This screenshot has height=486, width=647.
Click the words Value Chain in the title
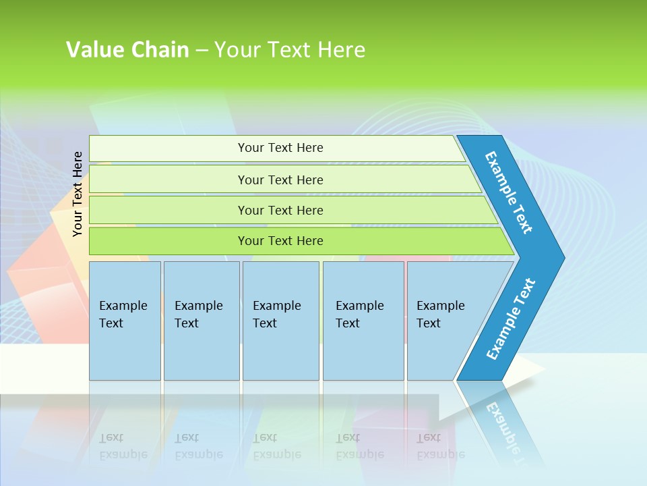point(127,50)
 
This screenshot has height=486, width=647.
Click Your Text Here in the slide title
point(290,50)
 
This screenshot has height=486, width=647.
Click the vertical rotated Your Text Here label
point(78,194)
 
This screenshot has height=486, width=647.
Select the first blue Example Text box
point(125,321)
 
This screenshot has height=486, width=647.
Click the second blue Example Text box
point(201,321)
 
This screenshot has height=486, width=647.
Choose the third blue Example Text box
point(280,321)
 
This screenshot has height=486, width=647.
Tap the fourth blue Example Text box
point(363,321)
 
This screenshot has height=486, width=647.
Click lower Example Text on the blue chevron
point(511,319)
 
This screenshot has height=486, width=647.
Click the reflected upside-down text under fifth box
point(440,446)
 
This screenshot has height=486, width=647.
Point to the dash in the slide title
point(202,51)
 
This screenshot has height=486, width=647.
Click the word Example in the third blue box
point(276,306)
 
